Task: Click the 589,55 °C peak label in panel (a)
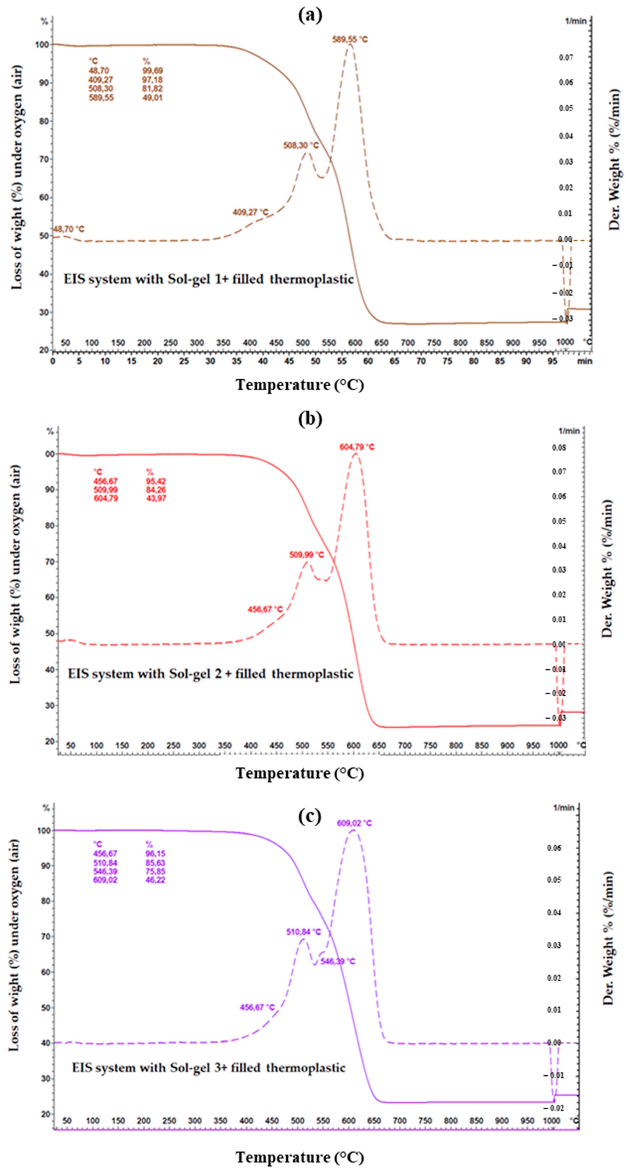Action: (350, 40)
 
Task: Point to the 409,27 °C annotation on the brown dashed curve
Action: (250, 212)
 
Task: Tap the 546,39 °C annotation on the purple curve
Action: (338, 962)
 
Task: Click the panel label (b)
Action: (310, 418)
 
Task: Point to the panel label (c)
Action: (310, 816)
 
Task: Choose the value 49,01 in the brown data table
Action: (152, 98)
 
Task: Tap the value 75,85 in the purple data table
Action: (155, 871)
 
